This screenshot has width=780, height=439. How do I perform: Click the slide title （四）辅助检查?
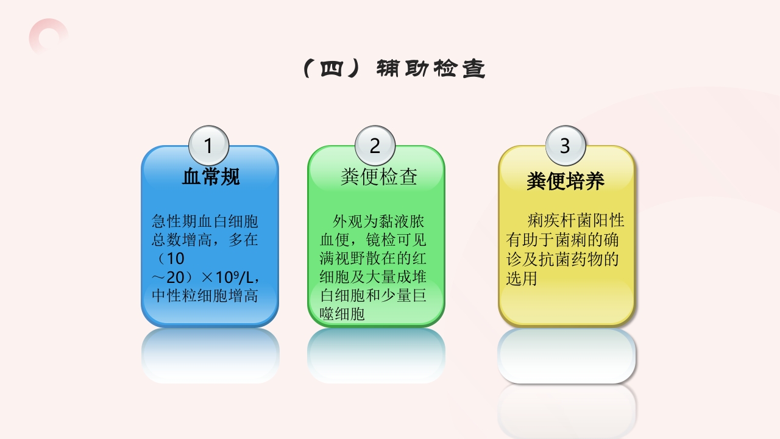[394, 69]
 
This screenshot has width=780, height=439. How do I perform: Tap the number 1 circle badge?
[208, 146]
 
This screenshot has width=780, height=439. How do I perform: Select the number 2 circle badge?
[375, 146]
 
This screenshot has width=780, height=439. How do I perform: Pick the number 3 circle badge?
[565, 146]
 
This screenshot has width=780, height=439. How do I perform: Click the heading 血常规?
[210, 177]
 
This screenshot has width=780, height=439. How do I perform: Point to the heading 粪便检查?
[379, 177]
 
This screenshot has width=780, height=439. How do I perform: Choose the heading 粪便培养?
[565, 181]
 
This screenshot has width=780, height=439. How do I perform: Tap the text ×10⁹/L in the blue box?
[226, 277]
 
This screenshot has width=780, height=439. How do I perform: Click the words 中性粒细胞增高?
[205, 296]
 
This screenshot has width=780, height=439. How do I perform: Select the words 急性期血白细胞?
[205, 221]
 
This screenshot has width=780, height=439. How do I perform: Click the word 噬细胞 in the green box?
[342, 315]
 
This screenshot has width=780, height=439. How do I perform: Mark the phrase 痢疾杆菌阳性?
[576, 220]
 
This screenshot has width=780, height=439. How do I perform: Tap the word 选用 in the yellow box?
[521, 279]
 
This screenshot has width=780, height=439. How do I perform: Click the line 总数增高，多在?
[205, 240]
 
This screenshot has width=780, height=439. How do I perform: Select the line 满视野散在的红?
[373, 258]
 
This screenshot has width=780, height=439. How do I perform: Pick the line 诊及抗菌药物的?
[562, 259]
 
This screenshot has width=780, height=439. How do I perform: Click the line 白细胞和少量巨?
[373, 296]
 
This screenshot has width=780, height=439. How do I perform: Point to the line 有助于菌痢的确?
[562, 240]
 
